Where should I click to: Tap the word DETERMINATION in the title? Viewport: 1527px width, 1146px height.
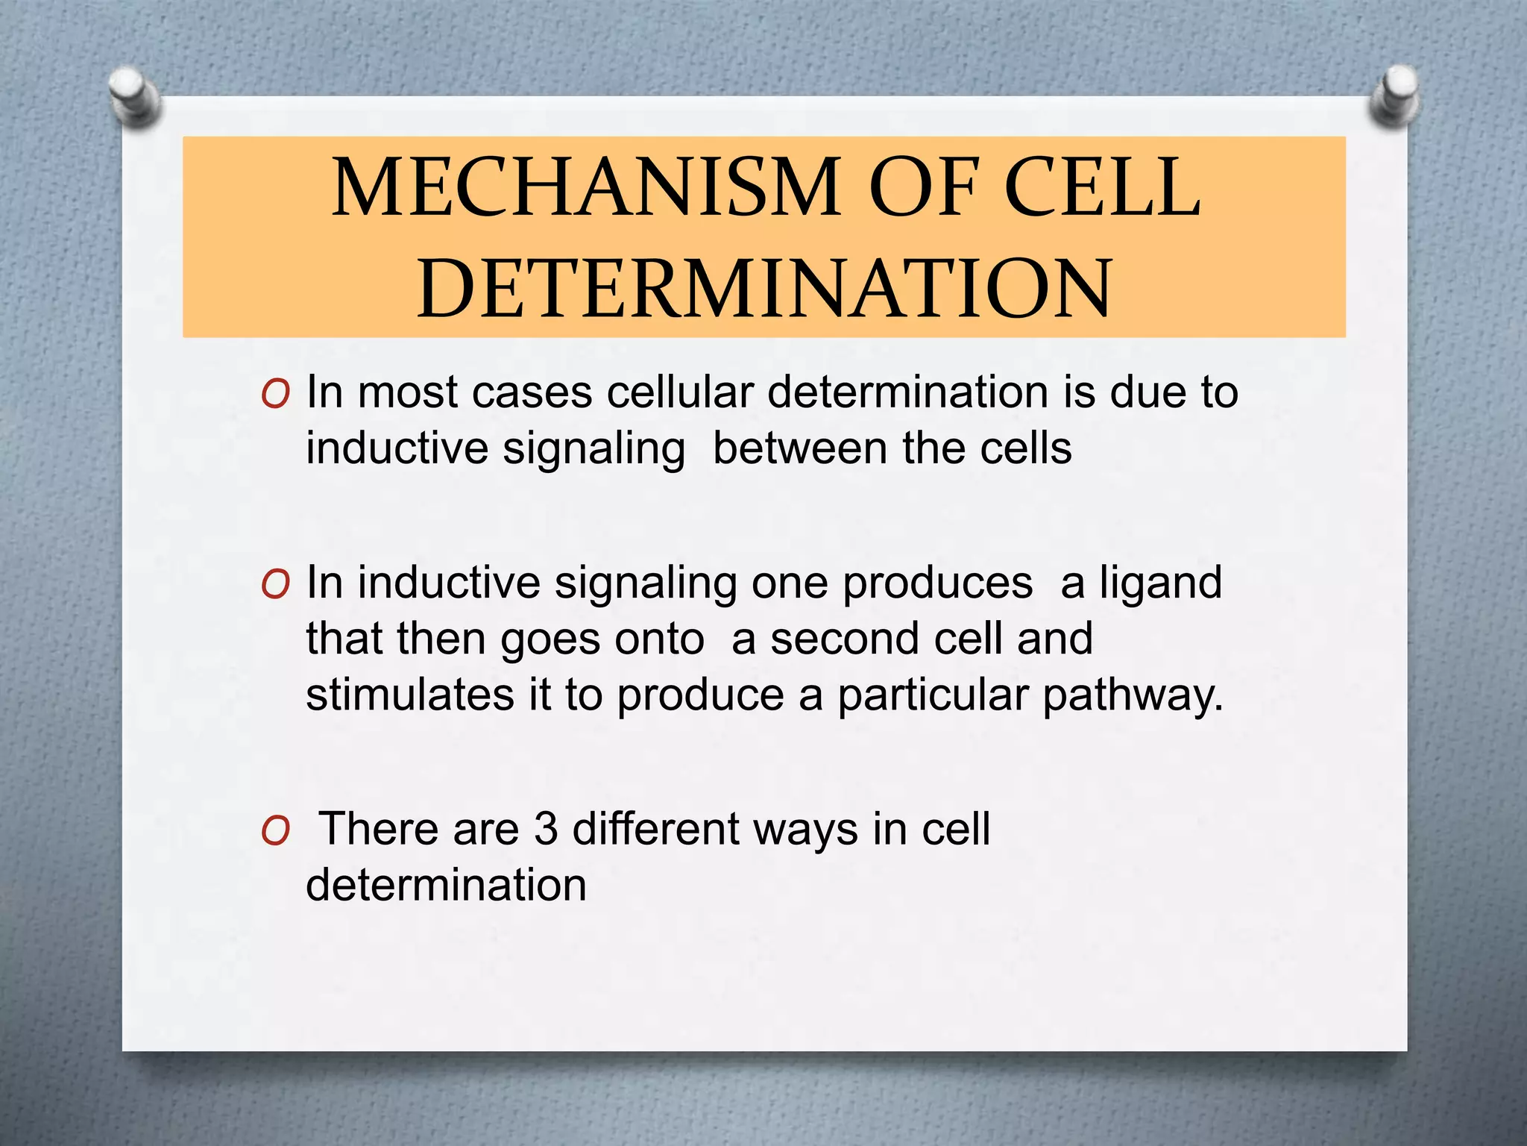tap(764, 289)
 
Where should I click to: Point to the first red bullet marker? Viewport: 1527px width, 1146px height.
tap(275, 395)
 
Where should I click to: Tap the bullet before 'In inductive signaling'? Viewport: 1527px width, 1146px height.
tap(275, 585)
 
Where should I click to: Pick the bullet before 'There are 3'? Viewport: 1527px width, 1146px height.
tap(275, 831)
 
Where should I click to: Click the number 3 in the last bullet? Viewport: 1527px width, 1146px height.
tap(546, 829)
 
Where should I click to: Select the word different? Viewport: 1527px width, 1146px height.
tap(655, 829)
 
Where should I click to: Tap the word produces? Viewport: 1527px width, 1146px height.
tap(937, 583)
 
